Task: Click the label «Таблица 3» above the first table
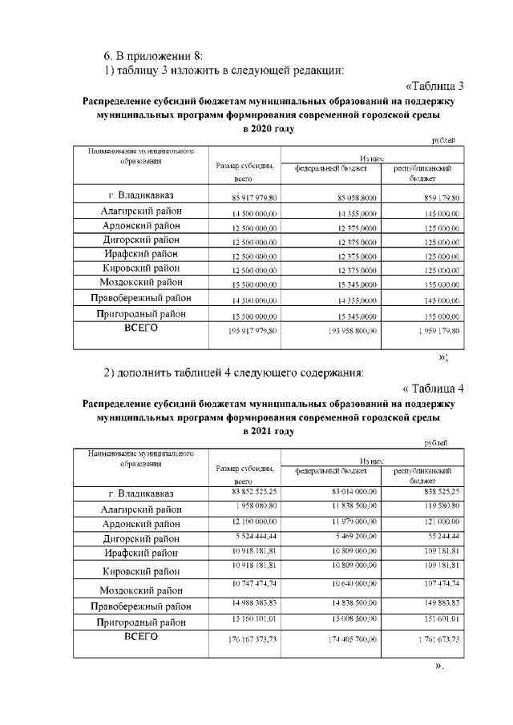pyautogui.click(x=434, y=87)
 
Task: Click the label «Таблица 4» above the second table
pyautogui.click(x=433, y=389)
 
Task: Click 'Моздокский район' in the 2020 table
pyautogui.click(x=141, y=282)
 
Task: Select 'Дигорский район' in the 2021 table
pyautogui.click(x=141, y=538)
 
